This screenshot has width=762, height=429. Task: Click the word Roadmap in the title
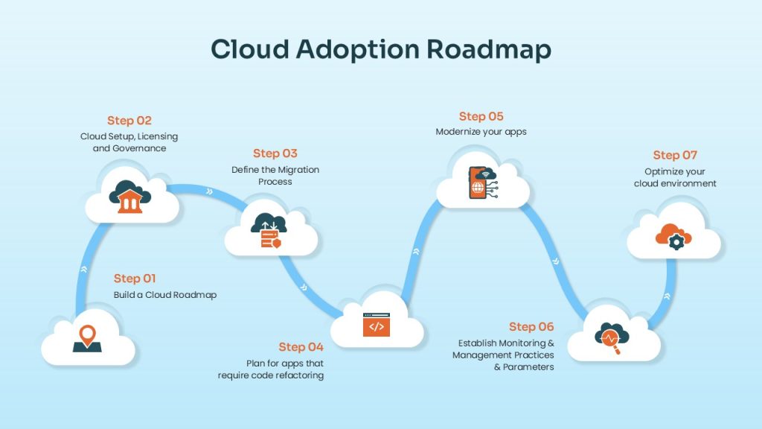pos(489,50)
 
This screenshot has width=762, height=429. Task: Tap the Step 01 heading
pos(135,279)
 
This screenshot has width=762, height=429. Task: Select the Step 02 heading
pos(129,121)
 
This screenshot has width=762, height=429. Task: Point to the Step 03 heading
pos(275,153)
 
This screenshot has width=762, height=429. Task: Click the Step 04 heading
pos(301,347)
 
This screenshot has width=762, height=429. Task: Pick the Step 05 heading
pos(481,117)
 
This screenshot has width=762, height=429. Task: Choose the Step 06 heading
pos(531,327)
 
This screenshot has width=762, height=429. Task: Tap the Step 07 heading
pos(675,156)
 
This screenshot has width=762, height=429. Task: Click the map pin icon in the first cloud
pos(88,339)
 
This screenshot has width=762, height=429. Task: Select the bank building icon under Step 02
pos(129,197)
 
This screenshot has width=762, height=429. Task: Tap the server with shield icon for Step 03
pos(269,230)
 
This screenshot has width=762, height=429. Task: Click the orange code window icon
pos(377,325)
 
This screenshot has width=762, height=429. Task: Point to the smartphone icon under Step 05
pos(477,183)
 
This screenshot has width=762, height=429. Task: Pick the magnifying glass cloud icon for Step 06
pos(612,338)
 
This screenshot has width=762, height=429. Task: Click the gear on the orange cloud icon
pos(676,242)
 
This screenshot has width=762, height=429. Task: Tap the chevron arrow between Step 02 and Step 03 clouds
pos(209,191)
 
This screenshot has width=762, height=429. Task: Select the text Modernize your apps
pos(481,132)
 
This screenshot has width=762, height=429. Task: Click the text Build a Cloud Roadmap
pos(165,295)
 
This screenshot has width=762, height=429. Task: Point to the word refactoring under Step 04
pos(298,375)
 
